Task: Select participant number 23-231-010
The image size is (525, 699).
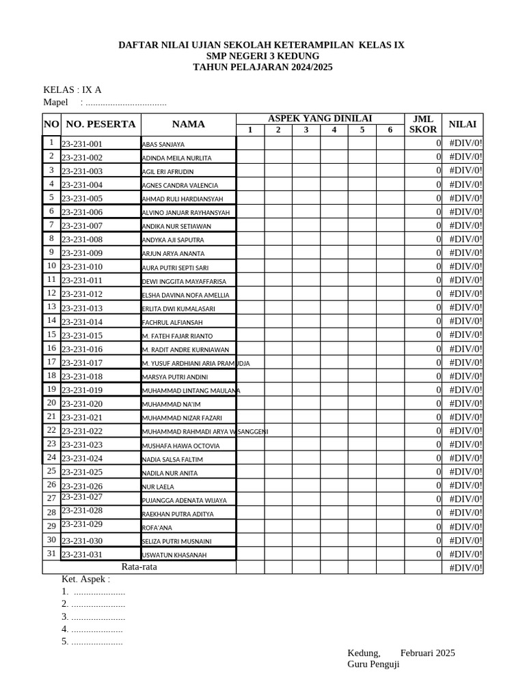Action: pos(82,267)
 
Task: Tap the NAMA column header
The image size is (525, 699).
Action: pos(188,124)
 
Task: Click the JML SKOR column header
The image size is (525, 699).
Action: pos(422,124)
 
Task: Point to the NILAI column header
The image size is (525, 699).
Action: pos(462,124)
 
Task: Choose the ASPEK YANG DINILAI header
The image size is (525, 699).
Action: pos(320,118)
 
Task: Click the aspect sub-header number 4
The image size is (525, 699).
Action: pos(334,130)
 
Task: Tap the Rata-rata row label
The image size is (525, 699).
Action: pos(139,567)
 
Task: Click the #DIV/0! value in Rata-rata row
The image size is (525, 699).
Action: pos(465,568)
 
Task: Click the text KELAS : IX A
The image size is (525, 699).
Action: pos(72,90)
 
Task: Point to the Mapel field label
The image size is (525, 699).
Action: pos(56,102)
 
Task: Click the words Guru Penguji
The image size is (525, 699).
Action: pos(373,664)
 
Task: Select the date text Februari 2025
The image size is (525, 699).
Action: pos(427,653)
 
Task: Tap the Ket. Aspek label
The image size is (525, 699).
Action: pos(85,579)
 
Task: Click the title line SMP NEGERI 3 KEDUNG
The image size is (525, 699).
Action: pos(262,56)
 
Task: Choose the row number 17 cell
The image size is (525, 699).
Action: pos(51,361)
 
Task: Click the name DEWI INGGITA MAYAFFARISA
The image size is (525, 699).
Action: pos(183,281)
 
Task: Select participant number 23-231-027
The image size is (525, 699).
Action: pos(82,497)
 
